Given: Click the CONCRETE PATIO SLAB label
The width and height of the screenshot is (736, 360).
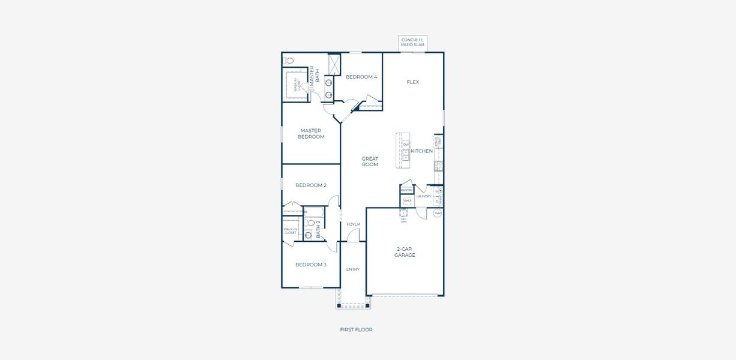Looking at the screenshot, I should click(412, 43).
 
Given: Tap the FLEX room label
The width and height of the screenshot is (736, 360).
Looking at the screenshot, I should click(412, 82).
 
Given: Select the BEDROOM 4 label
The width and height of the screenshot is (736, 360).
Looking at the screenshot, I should click(361, 77).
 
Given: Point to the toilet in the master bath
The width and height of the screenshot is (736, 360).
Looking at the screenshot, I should click(289, 61).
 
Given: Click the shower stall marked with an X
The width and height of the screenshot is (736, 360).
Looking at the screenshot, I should click(334, 64).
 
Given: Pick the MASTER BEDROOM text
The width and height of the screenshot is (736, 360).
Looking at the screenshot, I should click(311, 134).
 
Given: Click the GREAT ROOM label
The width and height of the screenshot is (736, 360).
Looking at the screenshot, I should click(370, 162).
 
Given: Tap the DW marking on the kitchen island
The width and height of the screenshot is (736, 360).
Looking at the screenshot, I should click(406, 145).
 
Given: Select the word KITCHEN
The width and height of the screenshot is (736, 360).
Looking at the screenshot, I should click(422, 151).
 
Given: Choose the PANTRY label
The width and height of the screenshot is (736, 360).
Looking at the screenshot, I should click(406, 190).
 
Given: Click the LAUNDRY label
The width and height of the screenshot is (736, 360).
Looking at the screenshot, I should click(423, 196).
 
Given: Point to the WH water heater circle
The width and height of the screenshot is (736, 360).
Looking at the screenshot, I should click(438, 213).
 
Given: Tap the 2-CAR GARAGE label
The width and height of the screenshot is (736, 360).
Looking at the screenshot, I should click(405, 252).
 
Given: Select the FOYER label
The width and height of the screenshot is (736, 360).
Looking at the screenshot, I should click(353, 224).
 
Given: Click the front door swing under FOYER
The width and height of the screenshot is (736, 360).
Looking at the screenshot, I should click(354, 235).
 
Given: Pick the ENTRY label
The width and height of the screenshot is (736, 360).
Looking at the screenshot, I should click(353, 269).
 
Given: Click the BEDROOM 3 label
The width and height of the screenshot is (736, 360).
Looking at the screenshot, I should click(310, 265).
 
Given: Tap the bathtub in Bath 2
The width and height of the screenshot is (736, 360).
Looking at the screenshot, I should click(313, 212).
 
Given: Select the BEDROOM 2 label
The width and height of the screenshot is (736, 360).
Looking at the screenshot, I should click(310, 185).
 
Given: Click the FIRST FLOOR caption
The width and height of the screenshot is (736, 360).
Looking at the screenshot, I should click(356, 329).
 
